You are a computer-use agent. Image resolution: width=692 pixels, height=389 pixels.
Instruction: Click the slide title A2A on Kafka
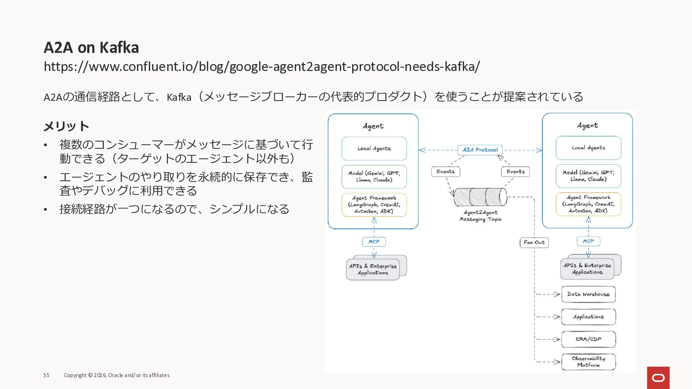91,48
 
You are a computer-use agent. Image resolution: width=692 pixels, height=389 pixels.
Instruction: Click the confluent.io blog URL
262,67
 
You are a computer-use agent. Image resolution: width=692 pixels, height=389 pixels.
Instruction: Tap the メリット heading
66,126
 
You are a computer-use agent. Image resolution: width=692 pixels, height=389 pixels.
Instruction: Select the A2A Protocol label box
480,150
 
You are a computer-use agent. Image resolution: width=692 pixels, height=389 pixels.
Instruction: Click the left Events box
445,172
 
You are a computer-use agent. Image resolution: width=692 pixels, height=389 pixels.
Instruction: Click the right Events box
515,172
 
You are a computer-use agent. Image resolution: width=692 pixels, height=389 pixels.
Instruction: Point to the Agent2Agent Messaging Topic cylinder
480,197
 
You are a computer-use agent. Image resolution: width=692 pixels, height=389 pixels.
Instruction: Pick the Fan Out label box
534,242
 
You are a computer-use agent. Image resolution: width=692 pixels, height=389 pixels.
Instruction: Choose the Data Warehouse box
588,294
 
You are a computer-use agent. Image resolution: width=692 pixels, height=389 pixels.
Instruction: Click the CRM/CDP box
588,339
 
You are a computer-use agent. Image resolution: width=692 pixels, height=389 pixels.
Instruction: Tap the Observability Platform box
588,362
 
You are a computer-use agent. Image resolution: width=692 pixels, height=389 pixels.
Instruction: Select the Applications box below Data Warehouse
588,317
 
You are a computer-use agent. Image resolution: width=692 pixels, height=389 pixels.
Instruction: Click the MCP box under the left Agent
374,242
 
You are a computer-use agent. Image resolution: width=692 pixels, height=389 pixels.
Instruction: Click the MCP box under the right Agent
588,241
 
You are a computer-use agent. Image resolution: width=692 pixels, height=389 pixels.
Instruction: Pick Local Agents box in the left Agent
374,148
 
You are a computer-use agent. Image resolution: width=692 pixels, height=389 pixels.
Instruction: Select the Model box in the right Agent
588,176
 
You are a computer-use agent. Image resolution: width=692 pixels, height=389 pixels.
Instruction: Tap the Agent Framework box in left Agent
374,205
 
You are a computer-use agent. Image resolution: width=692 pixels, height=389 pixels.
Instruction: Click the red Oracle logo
658,377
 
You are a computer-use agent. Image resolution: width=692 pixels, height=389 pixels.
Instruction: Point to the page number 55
46,375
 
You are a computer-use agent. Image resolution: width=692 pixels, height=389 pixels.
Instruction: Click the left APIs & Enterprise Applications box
373,269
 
